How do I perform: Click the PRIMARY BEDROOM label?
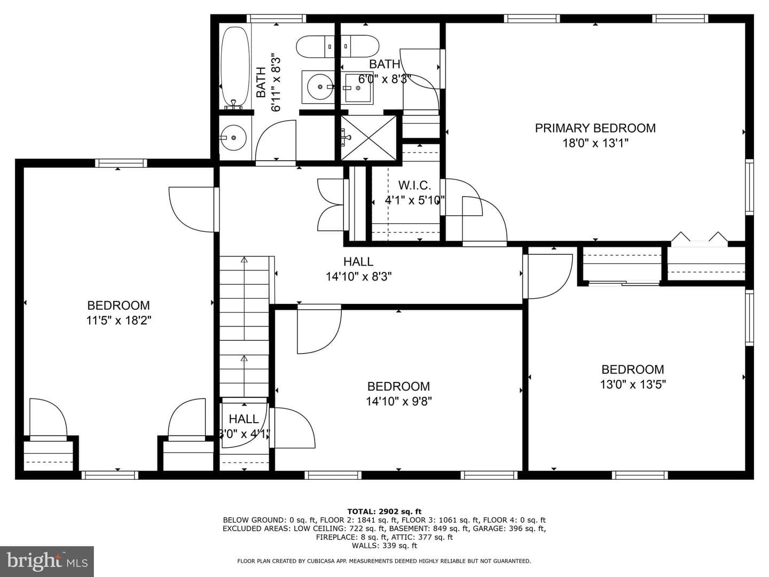tap(595, 128)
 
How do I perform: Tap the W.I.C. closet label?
tap(414, 185)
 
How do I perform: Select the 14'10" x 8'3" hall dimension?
tap(358, 277)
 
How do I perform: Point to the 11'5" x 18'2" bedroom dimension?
tap(119, 320)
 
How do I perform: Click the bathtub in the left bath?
tap(235, 68)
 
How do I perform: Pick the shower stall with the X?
tap(368, 138)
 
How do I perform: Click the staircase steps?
tap(244, 327)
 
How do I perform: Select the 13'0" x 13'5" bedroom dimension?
tap(633, 385)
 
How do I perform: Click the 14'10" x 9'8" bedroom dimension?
tap(399, 401)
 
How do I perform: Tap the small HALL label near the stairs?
tap(244, 419)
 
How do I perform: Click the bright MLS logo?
tap(46, 562)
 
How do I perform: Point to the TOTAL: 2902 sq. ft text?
tap(384, 511)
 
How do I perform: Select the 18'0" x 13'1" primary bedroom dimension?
tap(595, 143)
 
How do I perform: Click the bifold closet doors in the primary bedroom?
tap(699, 237)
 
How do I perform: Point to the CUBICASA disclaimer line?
tap(384, 561)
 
